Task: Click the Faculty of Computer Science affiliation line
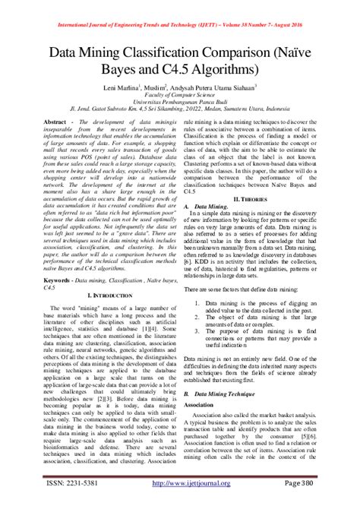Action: [180, 98]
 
